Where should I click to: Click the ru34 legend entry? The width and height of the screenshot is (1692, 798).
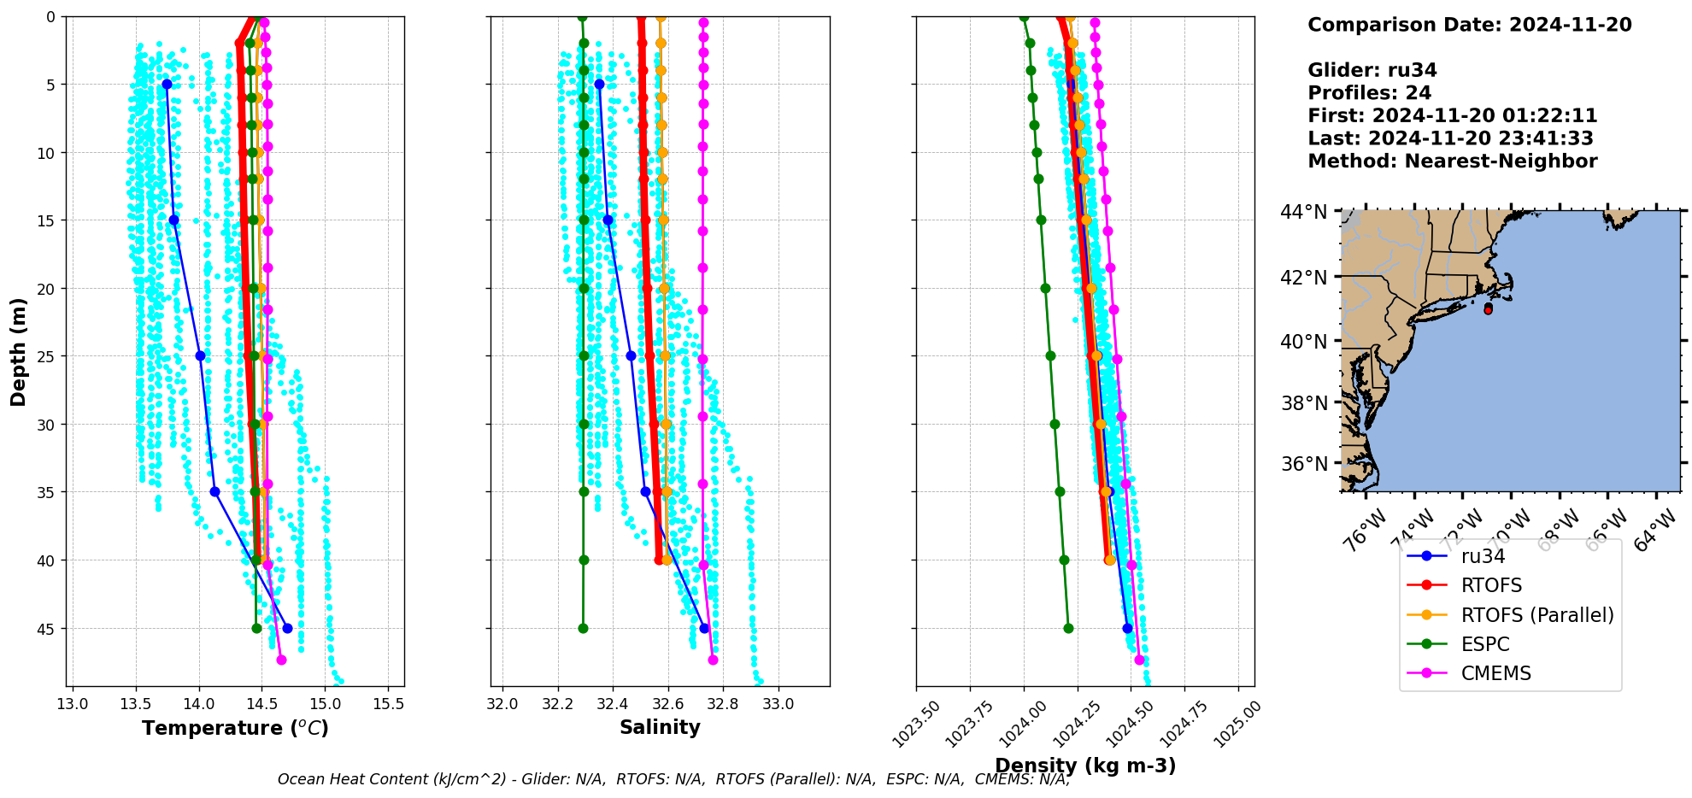coord(1483,556)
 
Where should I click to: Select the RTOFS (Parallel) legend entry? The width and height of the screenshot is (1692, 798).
coord(1536,615)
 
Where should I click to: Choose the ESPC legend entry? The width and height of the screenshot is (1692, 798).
coord(1484,644)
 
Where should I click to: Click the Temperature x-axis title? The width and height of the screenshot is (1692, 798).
coord(235,728)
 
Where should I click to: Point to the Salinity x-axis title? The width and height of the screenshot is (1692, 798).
coord(660,727)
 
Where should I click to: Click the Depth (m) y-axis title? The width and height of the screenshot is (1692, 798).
coord(19,351)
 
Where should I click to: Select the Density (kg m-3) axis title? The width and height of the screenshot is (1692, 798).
coord(1085,766)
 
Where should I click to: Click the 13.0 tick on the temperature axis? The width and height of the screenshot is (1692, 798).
coord(73,704)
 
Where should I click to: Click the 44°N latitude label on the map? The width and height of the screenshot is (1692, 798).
coord(1304,211)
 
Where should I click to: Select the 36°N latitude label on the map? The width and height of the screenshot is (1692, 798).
coord(1304,464)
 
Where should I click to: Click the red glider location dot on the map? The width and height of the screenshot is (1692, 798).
coord(1488,309)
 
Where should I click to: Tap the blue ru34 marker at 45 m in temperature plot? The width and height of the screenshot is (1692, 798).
coord(287,628)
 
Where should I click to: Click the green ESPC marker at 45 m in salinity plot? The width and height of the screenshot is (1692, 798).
coord(583,628)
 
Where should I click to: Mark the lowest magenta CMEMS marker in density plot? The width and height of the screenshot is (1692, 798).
coord(1139,660)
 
